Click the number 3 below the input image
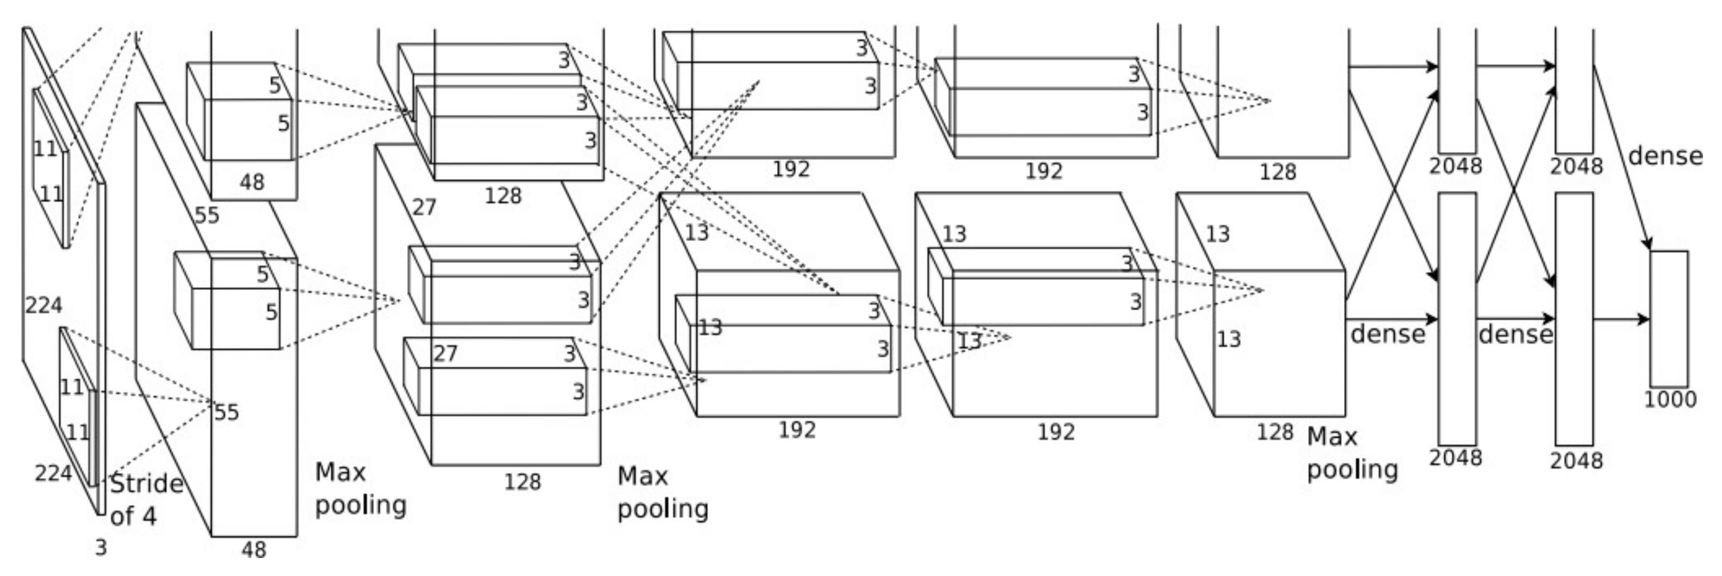click(x=100, y=548)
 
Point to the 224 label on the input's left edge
click(x=43, y=305)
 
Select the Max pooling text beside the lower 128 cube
click(x=1351, y=452)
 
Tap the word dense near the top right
click(x=1664, y=155)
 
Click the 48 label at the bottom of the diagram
click(x=253, y=550)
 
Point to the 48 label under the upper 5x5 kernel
click(x=251, y=182)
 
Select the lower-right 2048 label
click(x=1575, y=460)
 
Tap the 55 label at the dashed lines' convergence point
click(x=226, y=412)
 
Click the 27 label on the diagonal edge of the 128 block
click(x=423, y=207)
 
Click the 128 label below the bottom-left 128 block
click(x=521, y=481)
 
